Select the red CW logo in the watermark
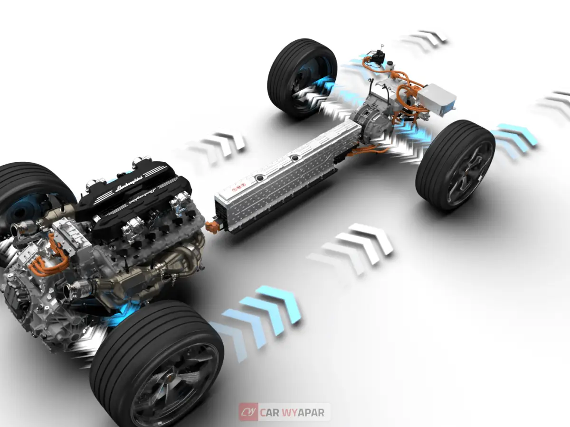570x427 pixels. pos(248,412)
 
